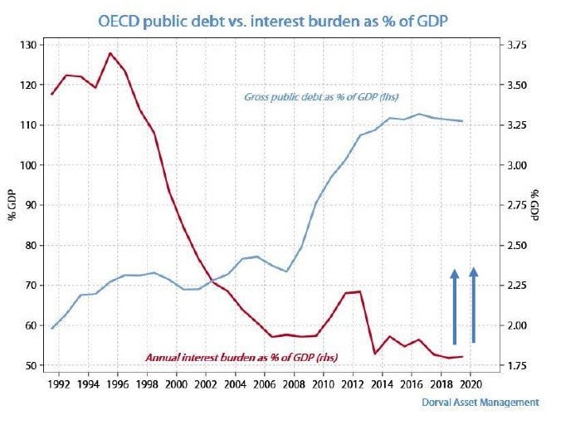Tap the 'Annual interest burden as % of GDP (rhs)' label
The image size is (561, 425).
tap(247, 357)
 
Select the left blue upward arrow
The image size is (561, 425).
tap(455, 305)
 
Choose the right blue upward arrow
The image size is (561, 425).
tap(474, 305)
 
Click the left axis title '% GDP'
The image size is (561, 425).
tap(12, 205)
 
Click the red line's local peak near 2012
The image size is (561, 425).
tap(358, 291)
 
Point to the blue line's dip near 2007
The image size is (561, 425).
tap(286, 271)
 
